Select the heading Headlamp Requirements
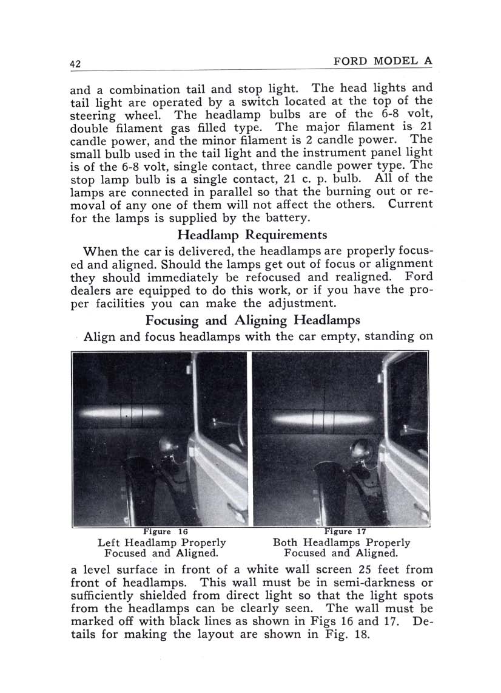(x=252, y=234)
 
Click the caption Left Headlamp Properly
(x=161, y=542)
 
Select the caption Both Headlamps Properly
(x=341, y=542)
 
